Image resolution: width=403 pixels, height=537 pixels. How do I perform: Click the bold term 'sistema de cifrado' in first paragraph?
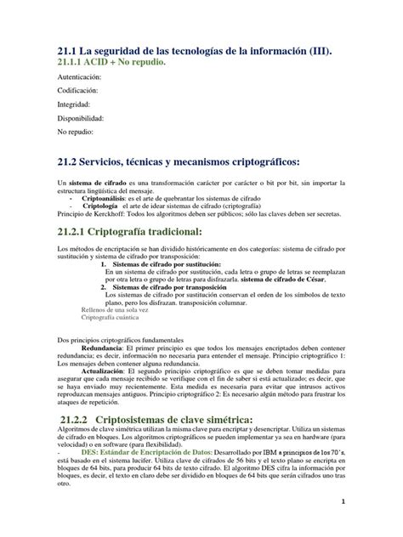click(x=101, y=183)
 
